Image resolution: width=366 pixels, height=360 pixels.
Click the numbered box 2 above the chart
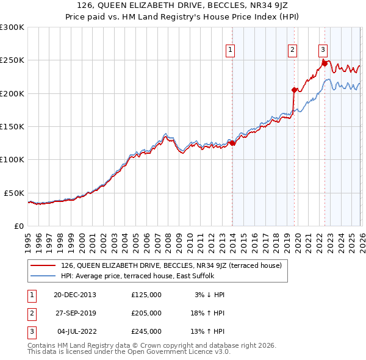tap(293, 50)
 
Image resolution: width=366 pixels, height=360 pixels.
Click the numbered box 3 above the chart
tap(323, 50)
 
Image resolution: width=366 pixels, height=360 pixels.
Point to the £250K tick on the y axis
tap(12, 60)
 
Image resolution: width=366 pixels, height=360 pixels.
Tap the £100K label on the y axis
tap(12, 159)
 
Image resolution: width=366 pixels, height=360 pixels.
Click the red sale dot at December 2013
tap(232, 143)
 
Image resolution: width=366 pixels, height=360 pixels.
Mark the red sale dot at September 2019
tap(294, 90)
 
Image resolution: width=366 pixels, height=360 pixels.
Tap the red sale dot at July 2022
tap(324, 63)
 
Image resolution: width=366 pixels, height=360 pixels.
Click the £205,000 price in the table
tap(146, 313)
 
